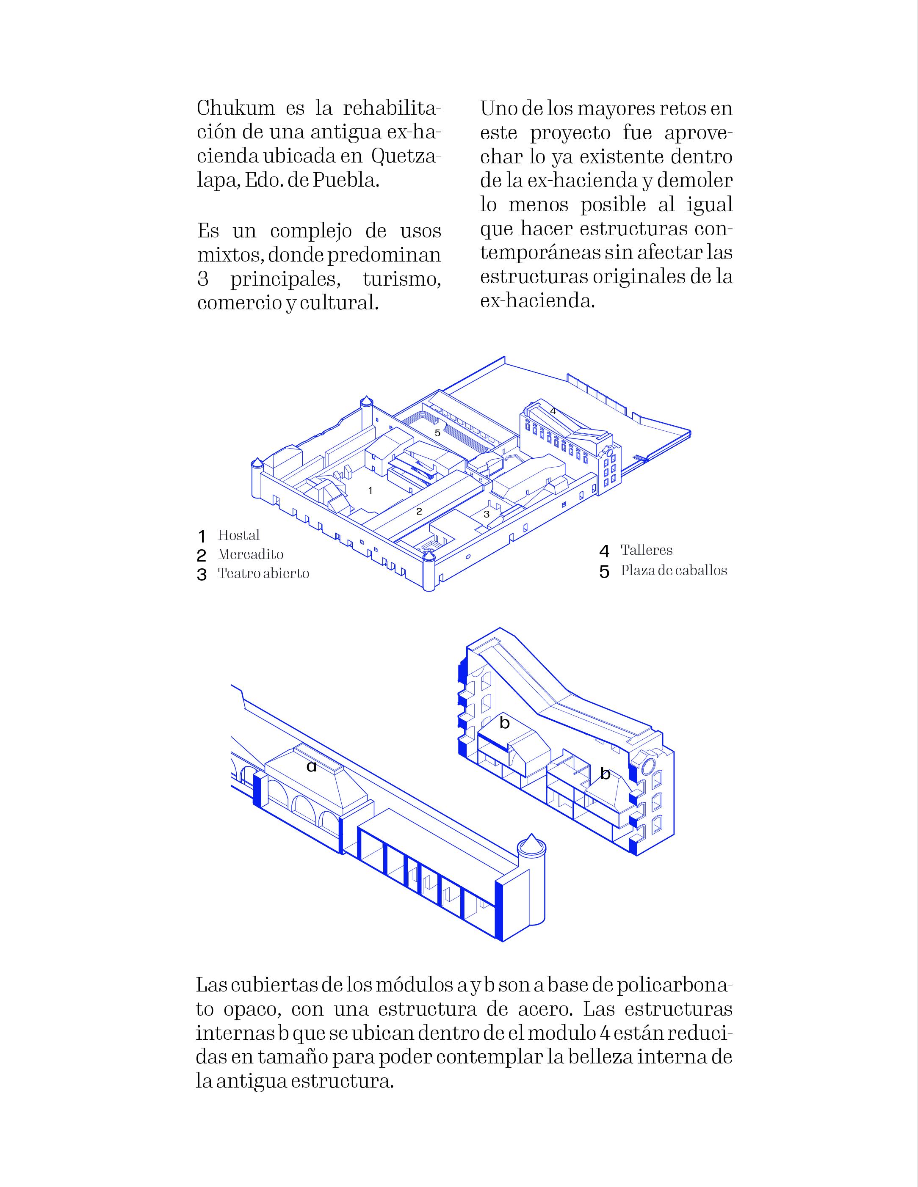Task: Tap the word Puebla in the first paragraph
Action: [x=346, y=180]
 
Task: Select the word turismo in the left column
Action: [x=401, y=279]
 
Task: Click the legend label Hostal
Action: [x=239, y=535]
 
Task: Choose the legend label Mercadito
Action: [x=251, y=554]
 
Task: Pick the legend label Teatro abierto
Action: [x=263, y=573]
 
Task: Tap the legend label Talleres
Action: [x=647, y=550]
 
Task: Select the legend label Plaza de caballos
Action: [x=674, y=570]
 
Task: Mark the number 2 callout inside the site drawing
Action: [x=419, y=512]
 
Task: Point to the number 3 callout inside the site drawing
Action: [x=486, y=514]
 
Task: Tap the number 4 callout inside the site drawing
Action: [x=553, y=411]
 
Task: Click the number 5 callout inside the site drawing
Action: [x=437, y=433]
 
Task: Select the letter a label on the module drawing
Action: [x=311, y=767]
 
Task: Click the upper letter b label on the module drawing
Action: [x=504, y=723]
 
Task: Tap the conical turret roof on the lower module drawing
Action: [x=531, y=842]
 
